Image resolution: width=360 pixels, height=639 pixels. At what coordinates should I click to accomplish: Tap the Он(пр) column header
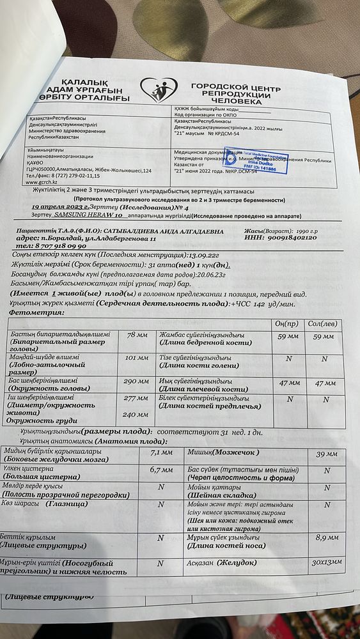click(288, 323)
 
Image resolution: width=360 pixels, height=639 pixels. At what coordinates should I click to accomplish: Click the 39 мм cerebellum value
click(327, 454)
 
